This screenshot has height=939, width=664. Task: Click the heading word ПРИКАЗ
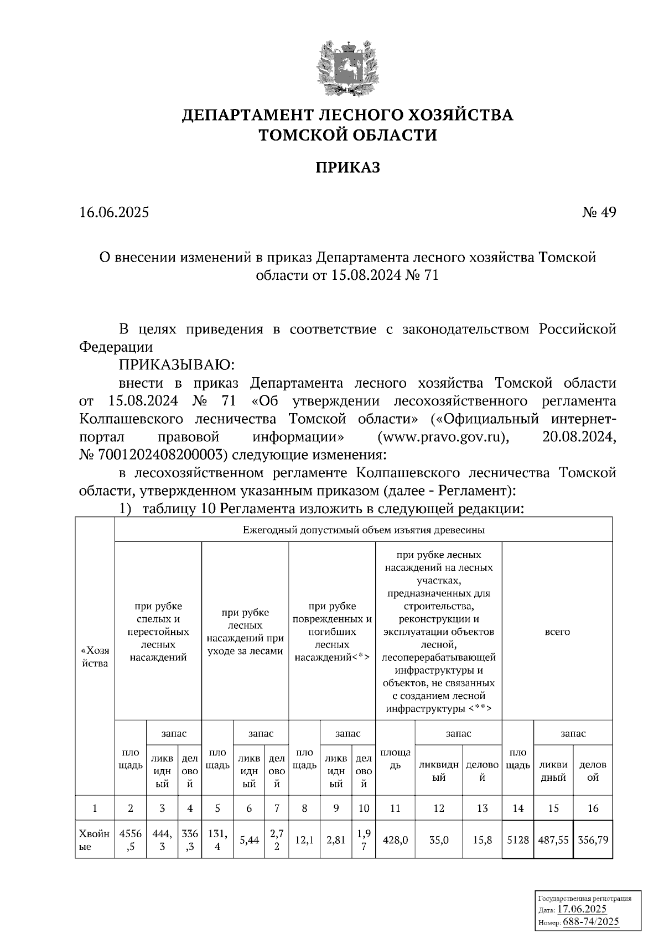(347, 168)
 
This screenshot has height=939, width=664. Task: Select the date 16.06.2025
(114, 212)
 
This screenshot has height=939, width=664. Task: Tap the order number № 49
(599, 212)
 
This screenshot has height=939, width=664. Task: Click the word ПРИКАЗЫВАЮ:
(177, 366)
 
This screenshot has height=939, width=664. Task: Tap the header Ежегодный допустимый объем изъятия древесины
(364, 530)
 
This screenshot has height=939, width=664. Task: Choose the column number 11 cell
(395, 808)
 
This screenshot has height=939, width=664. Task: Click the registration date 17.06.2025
(582, 909)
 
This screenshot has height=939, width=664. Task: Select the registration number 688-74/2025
(590, 921)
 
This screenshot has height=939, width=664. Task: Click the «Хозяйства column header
(95, 656)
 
